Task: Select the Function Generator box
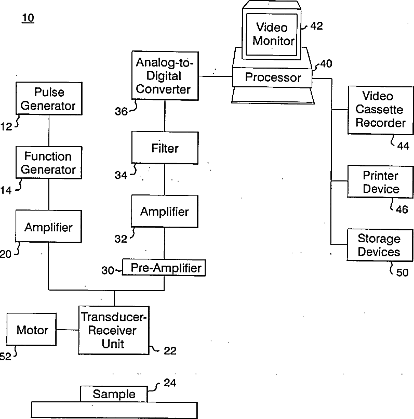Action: point(49,163)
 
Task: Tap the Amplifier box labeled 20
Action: point(48,227)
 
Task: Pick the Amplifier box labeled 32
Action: point(164,212)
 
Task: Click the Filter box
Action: point(165,148)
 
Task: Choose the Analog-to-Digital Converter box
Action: point(164,76)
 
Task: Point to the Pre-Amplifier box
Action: point(165,268)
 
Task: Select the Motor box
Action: point(32,330)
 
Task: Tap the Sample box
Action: point(114,394)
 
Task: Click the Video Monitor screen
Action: point(274,33)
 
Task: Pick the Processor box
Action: point(273,78)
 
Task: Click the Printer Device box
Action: point(381,182)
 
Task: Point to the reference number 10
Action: point(28,19)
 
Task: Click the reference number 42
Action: point(316,26)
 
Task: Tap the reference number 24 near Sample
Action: point(170,384)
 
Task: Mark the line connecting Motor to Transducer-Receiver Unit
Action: point(68,330)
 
